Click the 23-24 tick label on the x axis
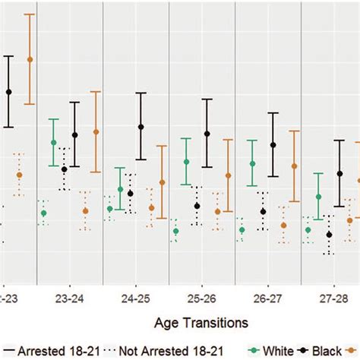point(69,299)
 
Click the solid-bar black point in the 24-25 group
point(141,126)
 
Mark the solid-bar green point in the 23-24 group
point(54,142)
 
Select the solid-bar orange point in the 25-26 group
point(229,175)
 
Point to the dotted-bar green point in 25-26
point(175,231)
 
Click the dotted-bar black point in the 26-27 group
point(263,211)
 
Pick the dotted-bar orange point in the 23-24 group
point(85,210)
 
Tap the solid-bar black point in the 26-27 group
point(273,144)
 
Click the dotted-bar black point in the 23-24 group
point(65,169)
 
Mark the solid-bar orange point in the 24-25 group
point(163,182)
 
